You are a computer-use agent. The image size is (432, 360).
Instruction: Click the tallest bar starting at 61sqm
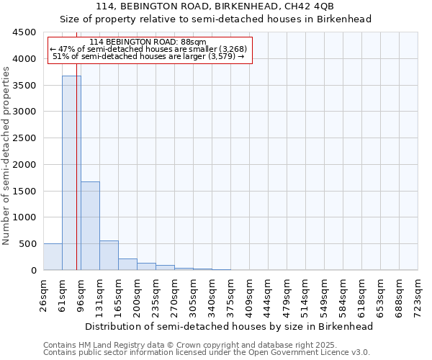click(71, 173)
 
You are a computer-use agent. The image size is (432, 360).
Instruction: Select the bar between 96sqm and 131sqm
click(90, 225)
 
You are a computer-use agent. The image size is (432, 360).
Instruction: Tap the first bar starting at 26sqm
click(53, 257)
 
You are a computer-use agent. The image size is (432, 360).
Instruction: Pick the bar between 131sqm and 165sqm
click(109, 256)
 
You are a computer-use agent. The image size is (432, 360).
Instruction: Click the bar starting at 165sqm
click(127, 264)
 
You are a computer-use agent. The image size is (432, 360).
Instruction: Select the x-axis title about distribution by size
click(230, 326)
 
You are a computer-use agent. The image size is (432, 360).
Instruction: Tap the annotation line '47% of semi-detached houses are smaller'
click(150, 49)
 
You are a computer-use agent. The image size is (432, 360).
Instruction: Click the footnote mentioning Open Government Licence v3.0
click(207, 353)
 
